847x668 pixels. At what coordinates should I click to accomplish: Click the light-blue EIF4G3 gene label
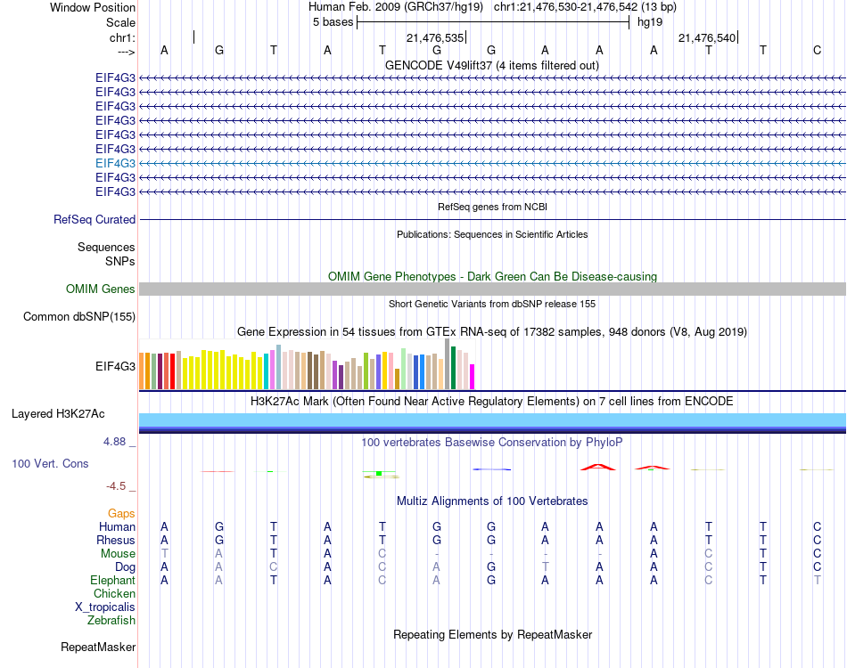click(116, 163)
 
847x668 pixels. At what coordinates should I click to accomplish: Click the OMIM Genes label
click(101, 289)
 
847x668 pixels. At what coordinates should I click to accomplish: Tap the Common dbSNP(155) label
click(79, 316)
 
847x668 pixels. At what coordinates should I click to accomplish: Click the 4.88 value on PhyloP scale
click(118, 441)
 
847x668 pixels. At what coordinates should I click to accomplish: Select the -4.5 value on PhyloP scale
click(117, 485)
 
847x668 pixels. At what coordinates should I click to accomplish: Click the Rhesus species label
click(116, 540)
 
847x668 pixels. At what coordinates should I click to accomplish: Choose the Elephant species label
click(113, 580)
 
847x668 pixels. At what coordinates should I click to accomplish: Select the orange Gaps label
click(121, 513)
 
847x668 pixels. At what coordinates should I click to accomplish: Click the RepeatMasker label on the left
click(98, 647)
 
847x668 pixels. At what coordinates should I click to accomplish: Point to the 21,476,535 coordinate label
click(435, 38)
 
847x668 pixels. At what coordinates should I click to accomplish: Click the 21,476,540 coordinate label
click(707, 38)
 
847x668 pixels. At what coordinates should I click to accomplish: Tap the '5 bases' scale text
click(333, 22)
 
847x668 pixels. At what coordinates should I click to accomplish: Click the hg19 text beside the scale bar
click(648, 22)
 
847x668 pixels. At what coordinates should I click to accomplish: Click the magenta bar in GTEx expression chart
click(473, 377)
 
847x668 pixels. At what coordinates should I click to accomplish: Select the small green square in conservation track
click(379, 474)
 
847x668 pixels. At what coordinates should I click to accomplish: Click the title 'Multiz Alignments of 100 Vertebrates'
click(492, 501)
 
